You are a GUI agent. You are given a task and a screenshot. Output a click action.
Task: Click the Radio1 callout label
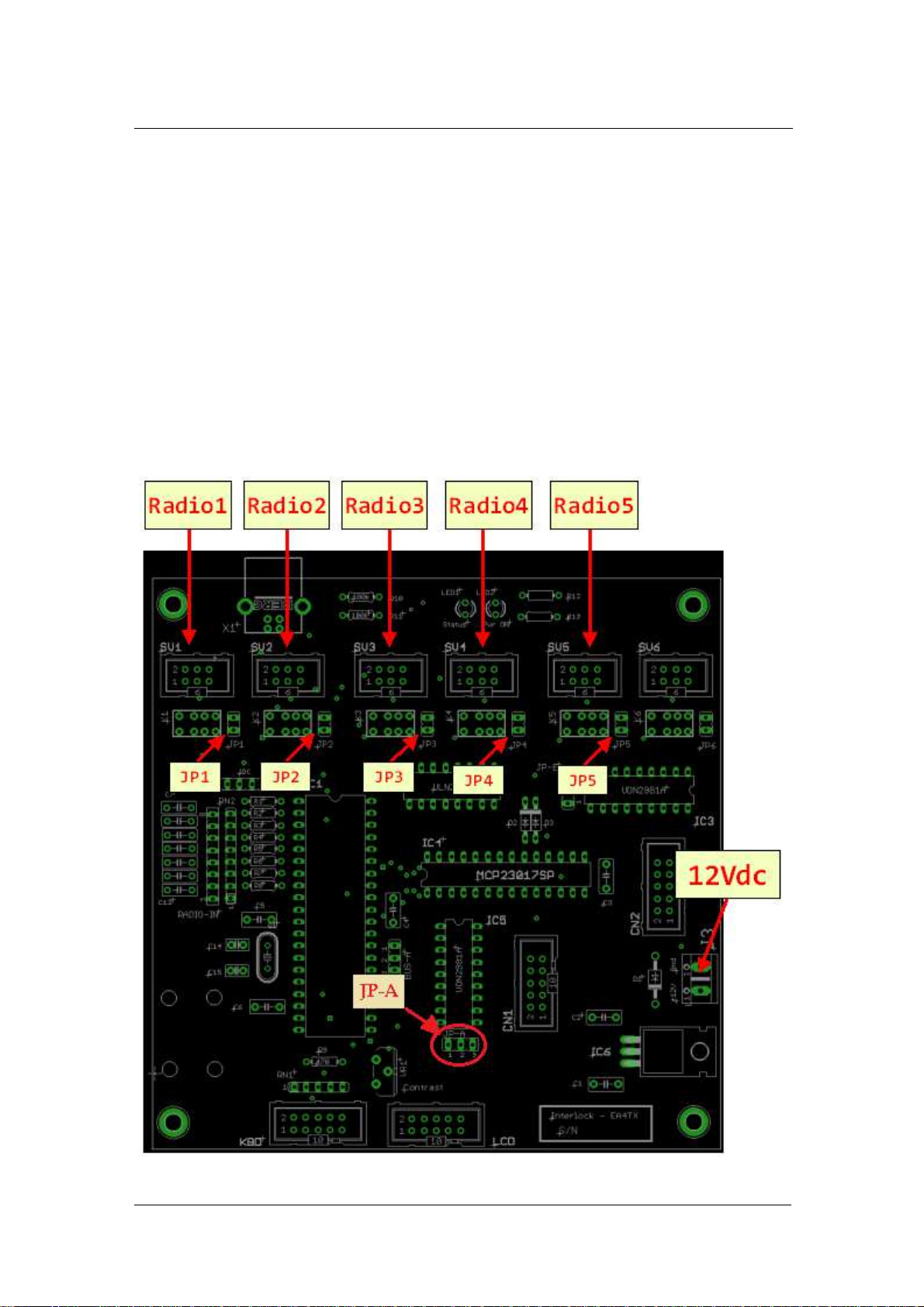click(x=188, y=506)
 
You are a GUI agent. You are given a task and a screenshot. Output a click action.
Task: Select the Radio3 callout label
click(x=385, y=506)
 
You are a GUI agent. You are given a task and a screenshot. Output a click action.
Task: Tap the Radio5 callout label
click(x=594, y=506)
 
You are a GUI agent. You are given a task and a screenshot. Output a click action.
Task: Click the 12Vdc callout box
click(x=728, y=875)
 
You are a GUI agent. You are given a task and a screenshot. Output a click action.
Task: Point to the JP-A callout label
click(x=379, y=991)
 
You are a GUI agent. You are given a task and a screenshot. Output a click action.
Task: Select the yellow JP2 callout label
click(x=286, y=777)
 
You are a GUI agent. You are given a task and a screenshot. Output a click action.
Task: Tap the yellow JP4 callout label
click(x=478, y=780)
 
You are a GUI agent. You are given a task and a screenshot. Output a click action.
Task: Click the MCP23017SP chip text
click(x=515, y=875)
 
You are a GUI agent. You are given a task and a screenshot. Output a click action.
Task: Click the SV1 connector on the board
click(x=196, y=676)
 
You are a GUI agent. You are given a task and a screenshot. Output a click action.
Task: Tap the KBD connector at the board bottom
click(x=317, y=1125)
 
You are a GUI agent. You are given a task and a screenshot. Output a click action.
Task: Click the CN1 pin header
click(x=536, y=984)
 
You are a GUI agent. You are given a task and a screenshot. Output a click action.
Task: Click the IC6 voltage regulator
click(x=671, y=1052)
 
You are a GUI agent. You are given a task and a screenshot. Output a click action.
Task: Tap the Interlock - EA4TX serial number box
click(x=595, y=1123)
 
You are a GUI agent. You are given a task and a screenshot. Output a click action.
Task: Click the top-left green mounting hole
click(x=173, y=603)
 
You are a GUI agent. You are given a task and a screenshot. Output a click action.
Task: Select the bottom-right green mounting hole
click(x=693, y=1122)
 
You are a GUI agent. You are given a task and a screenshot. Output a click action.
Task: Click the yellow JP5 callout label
click(x=582, y=780)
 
